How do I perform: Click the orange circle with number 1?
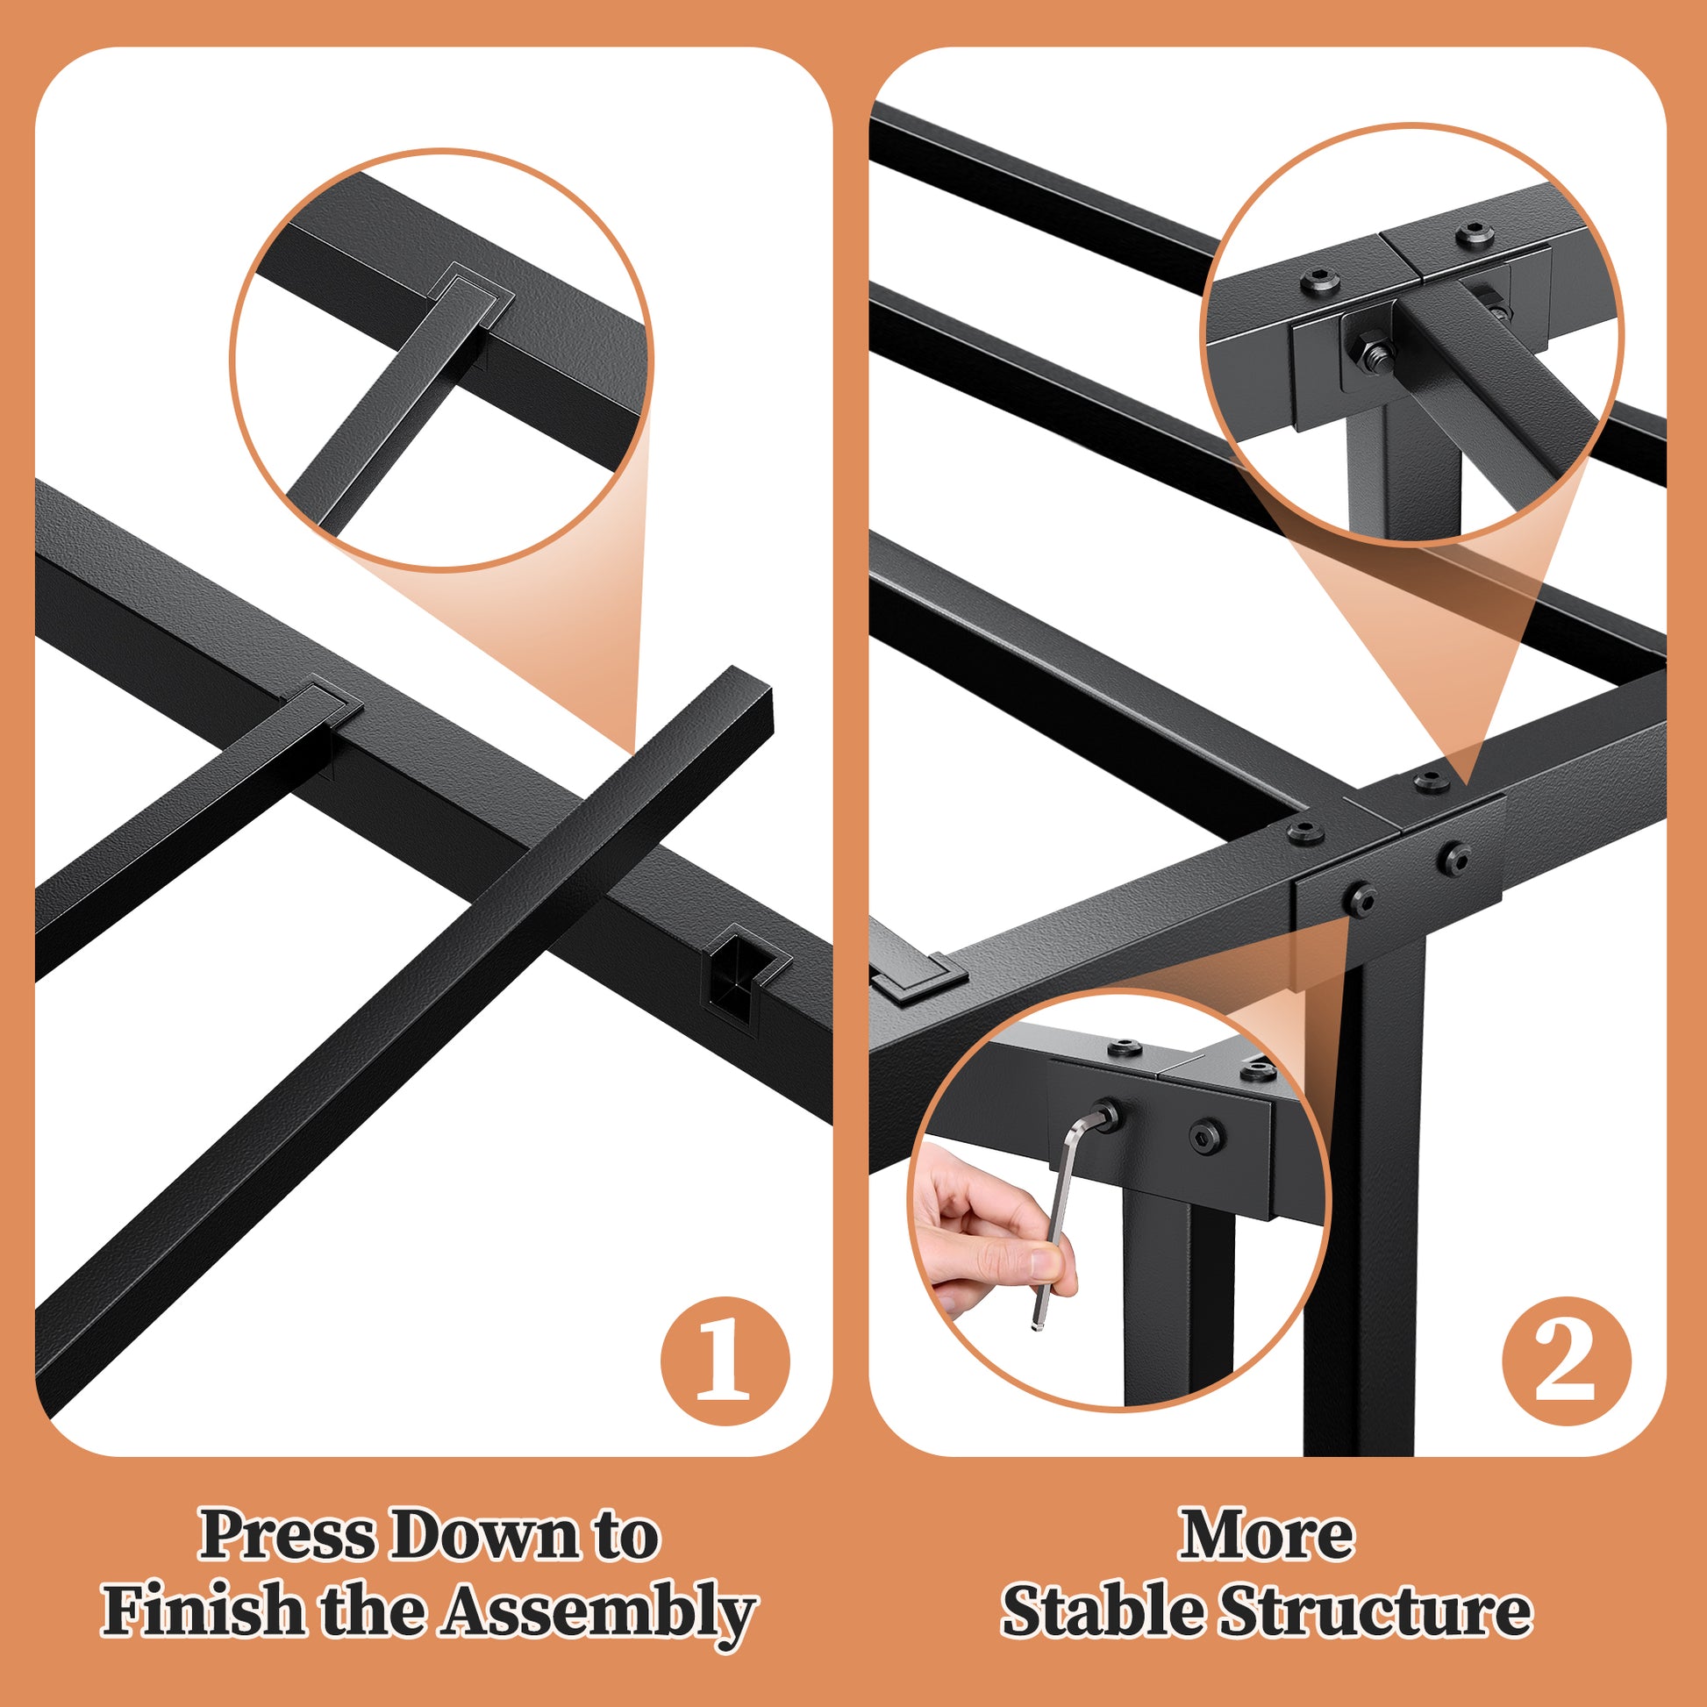(x=725, y=1361)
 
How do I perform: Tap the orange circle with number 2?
(x=1567, y=1361)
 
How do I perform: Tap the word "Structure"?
(x=1375, y=1610)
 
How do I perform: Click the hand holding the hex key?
(x=994, y=1232)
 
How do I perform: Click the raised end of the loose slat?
(x=742, y=698)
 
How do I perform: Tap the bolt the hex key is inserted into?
(x=1104, y=1118)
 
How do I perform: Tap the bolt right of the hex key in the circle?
(x=1205, y=1135)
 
